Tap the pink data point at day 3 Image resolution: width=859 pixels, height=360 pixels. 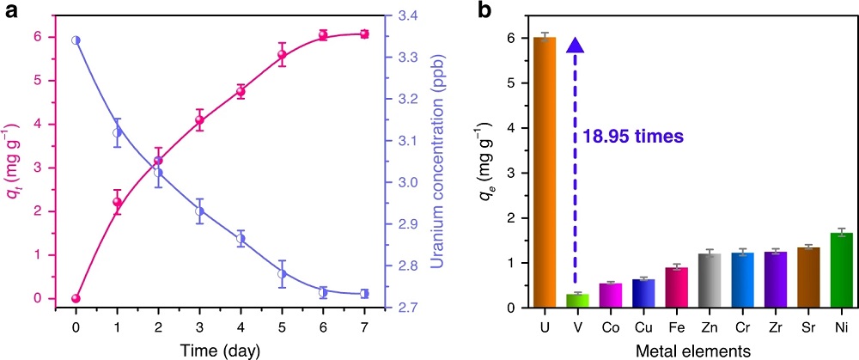click(199, 120)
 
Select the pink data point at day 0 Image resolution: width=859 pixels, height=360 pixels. click(76, 298)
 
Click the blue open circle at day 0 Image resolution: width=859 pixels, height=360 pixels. click(76, 40)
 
